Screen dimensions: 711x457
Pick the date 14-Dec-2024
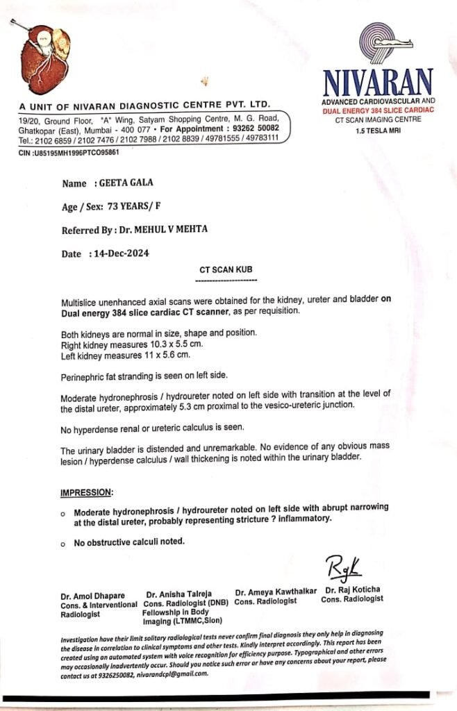click(120, 253)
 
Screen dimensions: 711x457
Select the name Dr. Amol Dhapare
click(87, 595)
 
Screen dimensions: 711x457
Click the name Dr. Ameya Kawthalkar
click(276, 592)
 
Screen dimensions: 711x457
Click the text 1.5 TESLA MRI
click(379, 130)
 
